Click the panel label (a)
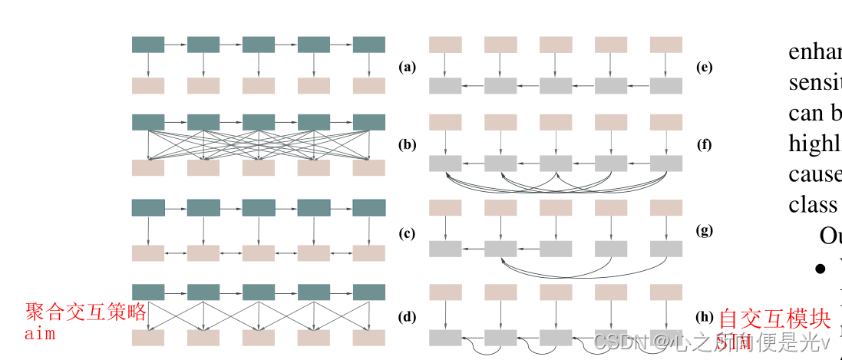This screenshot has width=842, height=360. (x=407, y=67)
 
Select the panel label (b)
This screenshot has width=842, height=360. (x=407, y=144)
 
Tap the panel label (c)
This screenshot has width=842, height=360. (x=407, y=233)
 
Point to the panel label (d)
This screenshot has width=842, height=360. (x=407, y=316)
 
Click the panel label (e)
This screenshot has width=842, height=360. (x=704, y=67)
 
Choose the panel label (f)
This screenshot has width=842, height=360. (x=704, y=144)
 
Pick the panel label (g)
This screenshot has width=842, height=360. (x=704, y=230)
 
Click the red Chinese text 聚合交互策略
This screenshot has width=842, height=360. (x=85, y=312)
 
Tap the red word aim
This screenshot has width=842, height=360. (x=40, y=334)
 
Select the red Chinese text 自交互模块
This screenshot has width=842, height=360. (x=774, y=318)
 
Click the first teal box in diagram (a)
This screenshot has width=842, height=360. (x=148, y=45)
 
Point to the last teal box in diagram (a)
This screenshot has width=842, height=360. (x=368, y=45)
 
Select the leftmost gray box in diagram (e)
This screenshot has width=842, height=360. (x=445, y=86)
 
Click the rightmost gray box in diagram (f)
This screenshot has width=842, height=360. (x=665, y=163)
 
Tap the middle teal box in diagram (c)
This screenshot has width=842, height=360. (x=259, y=207)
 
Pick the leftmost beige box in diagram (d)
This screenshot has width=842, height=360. (x=148, y=338)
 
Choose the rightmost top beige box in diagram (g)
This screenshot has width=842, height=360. (x=665, y=207)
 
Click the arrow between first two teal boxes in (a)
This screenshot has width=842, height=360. (x=176, y=45)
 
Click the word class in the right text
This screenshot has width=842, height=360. (x=813, y=205)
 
